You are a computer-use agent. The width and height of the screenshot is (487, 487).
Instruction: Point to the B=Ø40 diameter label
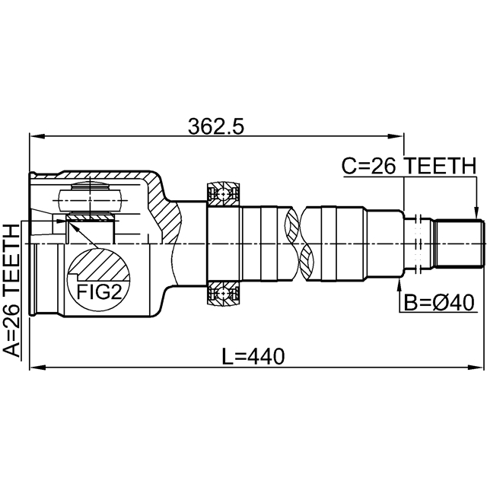[439, 303]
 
